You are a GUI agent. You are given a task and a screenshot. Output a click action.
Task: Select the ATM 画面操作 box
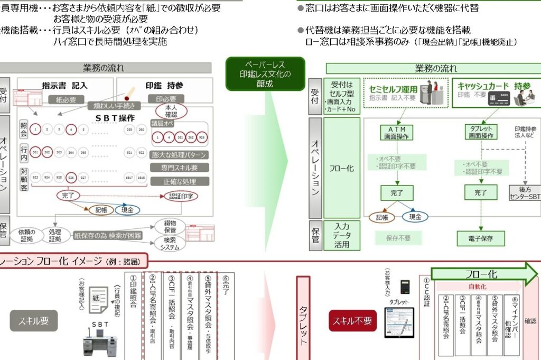point(397,132)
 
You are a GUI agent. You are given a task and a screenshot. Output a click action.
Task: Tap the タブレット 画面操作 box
point(480,132)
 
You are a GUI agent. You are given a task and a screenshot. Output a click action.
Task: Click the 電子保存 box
point(480,238)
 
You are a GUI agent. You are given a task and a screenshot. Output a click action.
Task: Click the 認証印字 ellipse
point(181,196)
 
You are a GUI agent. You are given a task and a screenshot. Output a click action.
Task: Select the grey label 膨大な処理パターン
point(179,155)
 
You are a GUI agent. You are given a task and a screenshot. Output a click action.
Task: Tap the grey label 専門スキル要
point(179,168)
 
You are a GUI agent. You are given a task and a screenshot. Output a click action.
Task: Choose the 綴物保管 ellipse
point(170,227)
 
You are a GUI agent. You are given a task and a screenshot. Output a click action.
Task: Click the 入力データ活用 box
point(341,235)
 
